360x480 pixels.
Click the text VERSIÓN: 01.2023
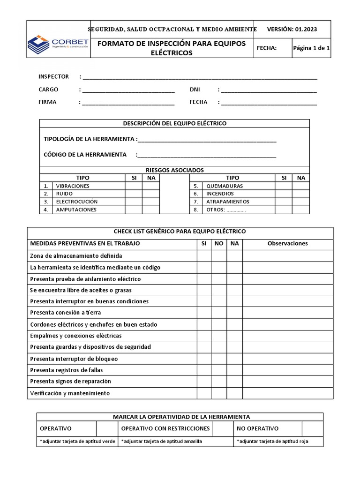292,29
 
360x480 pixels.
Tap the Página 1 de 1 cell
311,48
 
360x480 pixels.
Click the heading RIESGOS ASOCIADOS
174,170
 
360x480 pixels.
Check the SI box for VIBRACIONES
133,186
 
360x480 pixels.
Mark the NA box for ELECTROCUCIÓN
151,202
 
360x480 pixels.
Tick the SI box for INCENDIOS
283,194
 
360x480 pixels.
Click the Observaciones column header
287,244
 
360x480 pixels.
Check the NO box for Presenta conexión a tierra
219,313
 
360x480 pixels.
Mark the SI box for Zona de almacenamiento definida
203,256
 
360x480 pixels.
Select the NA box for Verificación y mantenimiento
234,393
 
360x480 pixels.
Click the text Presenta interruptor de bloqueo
74,359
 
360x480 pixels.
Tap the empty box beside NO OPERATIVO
312,428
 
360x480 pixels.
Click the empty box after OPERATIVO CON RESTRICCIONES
222,428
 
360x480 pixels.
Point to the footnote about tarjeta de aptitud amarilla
163,442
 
